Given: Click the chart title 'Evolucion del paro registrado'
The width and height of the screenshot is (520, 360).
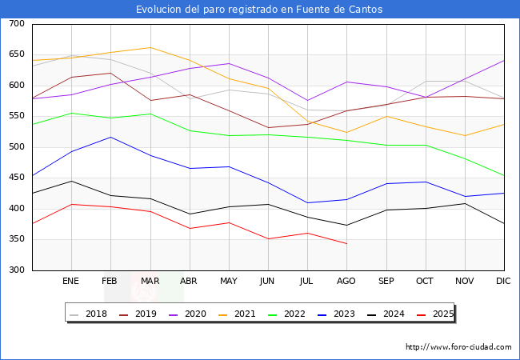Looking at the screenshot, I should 259,10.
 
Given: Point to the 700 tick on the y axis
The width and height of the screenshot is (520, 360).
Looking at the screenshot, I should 16,24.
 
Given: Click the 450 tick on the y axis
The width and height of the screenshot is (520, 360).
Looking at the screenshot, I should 16,178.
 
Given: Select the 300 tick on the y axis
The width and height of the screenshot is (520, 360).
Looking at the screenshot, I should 16,270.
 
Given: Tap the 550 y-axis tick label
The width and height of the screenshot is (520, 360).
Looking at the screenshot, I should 16,117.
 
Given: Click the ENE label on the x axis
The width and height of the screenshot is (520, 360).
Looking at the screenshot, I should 71,282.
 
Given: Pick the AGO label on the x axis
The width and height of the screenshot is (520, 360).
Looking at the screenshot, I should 346,282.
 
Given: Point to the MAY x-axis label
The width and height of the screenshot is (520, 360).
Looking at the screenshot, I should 229,282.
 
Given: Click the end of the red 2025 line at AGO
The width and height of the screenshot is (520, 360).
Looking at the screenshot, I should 346,243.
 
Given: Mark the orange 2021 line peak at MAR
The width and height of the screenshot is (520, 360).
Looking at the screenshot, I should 150,47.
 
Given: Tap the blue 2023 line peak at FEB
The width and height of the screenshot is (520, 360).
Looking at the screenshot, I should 110,137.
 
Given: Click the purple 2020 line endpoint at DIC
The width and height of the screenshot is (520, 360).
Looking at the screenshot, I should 504,61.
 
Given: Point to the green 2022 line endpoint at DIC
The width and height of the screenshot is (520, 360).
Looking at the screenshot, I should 504,175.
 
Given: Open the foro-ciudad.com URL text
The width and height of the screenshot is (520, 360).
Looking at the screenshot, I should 458,347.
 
